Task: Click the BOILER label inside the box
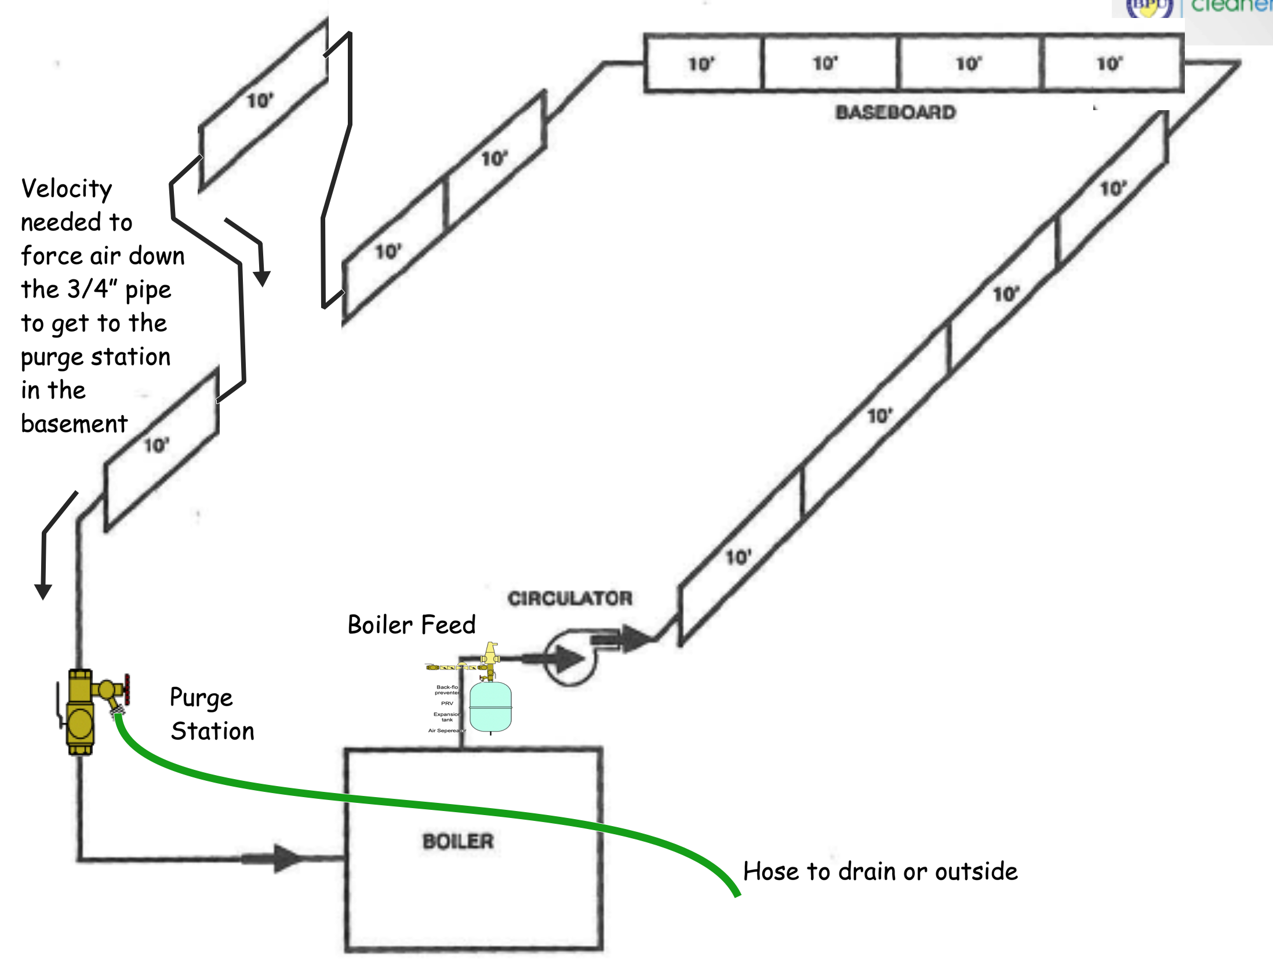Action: point(458,841)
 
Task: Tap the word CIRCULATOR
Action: point(570,598)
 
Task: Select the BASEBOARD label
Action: point(895,112)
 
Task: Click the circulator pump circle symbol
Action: point(569,659)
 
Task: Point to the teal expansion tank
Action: point(490,707)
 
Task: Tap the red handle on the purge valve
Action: point(126,690)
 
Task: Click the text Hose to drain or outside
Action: point(880,871)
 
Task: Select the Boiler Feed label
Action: point(412,625)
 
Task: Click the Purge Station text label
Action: point(212,714)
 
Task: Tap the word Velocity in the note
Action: point(67,189)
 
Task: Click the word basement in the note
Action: point(74,424)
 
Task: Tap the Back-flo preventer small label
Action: point(447,690)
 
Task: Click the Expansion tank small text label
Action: point(446,717)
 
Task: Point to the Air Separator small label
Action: point(446,731)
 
